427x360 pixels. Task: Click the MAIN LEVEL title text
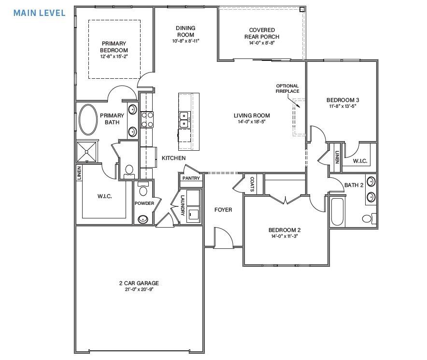[x=39, y=13]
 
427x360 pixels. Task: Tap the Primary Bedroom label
[x=114, y=47]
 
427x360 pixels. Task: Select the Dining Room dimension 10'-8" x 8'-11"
[x=185, y=41]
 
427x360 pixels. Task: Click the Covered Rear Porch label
[x=261, y=33]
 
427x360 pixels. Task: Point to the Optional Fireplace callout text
[x=287, y=88]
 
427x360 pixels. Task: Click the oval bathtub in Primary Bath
[x=87, y=119]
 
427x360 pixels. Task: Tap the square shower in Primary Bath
[x=87, y=152]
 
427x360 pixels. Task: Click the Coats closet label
[x=252, y=183]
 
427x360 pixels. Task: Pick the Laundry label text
[x=183, y=205]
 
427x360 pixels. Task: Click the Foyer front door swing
[x=223, y=238]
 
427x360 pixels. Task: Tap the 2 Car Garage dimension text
[x=139, y=289]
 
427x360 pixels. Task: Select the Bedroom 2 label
[x=285, y=230]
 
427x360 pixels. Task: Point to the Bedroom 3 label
[x=342, y=100]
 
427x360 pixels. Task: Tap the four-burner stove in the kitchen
[x=147, y=119]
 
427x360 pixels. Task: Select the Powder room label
[x=144, y=203]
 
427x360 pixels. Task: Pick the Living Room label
[x=252, y=115]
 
